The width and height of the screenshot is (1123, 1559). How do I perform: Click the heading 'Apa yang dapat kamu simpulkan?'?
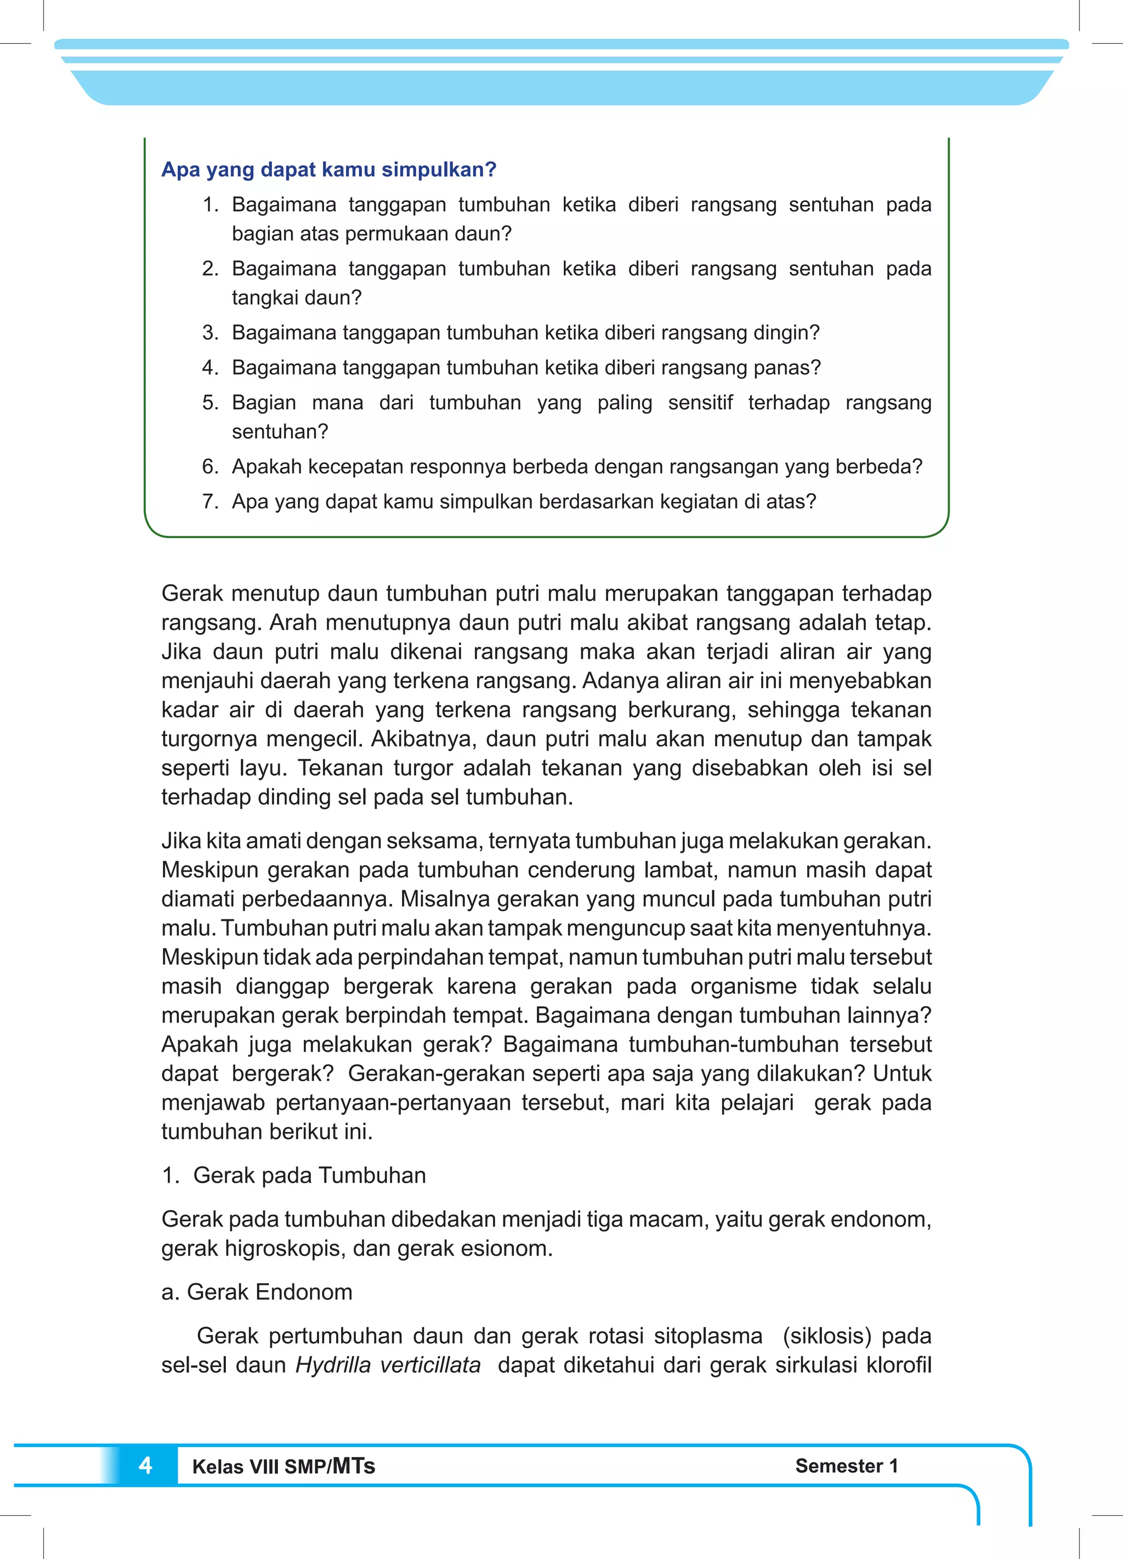tap(328, 170)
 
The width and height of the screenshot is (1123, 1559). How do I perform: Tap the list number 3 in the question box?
tap(209, 332)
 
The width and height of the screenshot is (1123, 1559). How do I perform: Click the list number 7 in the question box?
tap(209, 502)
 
